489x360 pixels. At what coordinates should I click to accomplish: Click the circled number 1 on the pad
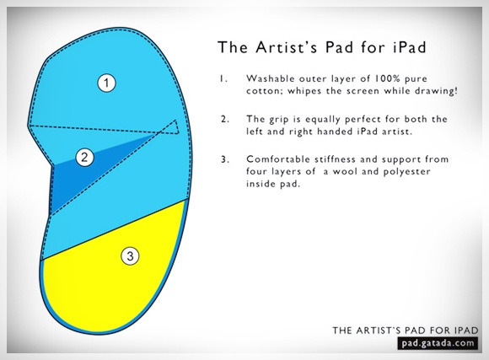pos(107,83)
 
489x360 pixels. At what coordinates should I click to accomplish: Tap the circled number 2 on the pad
pos(84,157)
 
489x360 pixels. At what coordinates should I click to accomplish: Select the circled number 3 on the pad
pos(130,256)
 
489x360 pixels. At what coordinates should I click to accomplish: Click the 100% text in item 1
pos(387,78)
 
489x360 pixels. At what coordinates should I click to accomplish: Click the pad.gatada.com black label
pos(438,343)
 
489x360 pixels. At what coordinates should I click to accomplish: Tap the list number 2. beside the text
pos(225,119)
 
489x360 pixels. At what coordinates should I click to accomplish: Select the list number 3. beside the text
pos(225,159)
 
